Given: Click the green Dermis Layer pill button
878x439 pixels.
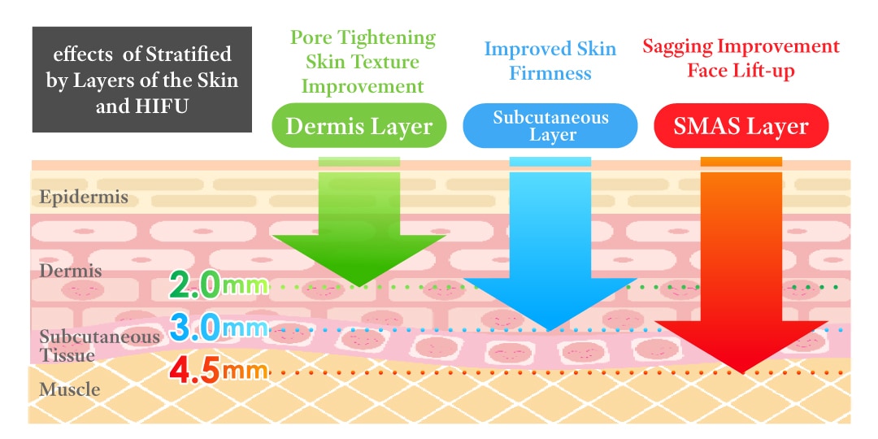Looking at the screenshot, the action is pyautogui.click(x=359, y=125).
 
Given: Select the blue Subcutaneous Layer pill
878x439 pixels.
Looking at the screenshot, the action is pyautogui.click(x=550, y=125).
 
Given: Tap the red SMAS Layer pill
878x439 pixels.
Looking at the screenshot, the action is pyautogui.click(x=741, y=125).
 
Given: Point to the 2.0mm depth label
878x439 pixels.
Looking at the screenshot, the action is pyautogui.click(x=219, y=285).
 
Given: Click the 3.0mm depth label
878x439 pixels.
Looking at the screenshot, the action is pyautogui.click(x=219, y=328).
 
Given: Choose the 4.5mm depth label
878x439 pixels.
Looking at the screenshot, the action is pyautogui.click(x=219, y=371).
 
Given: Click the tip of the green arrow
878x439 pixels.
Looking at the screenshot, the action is pyautogui.click(x=359, y=287).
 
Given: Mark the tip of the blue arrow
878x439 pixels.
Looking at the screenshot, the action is pyautogui.click(x=550, y=330).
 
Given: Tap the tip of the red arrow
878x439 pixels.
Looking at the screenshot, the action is pyautogui.click(x=741, y=373).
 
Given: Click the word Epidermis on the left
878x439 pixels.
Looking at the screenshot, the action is pyautogui.click(x=84, y=197).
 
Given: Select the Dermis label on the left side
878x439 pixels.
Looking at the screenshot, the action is pyautogui.click(x=71, y=271).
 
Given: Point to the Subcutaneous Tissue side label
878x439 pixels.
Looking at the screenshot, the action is pyautogui.click(x=99, y=346).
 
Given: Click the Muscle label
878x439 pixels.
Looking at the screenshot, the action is pyautogui.click(x=69, y=389).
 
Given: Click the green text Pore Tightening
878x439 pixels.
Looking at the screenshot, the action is pyautogui.click(x=363, y=37).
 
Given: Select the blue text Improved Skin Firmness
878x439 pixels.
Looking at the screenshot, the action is pyautogui.click(x=550, y=60).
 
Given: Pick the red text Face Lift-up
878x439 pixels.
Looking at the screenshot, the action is pyautogui.click(x=741, y=71).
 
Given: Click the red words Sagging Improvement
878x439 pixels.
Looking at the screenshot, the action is pyautogui.click(x=741, y=46).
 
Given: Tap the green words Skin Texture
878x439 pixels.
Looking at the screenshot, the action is pyautogui.click(x=360, y=62).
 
